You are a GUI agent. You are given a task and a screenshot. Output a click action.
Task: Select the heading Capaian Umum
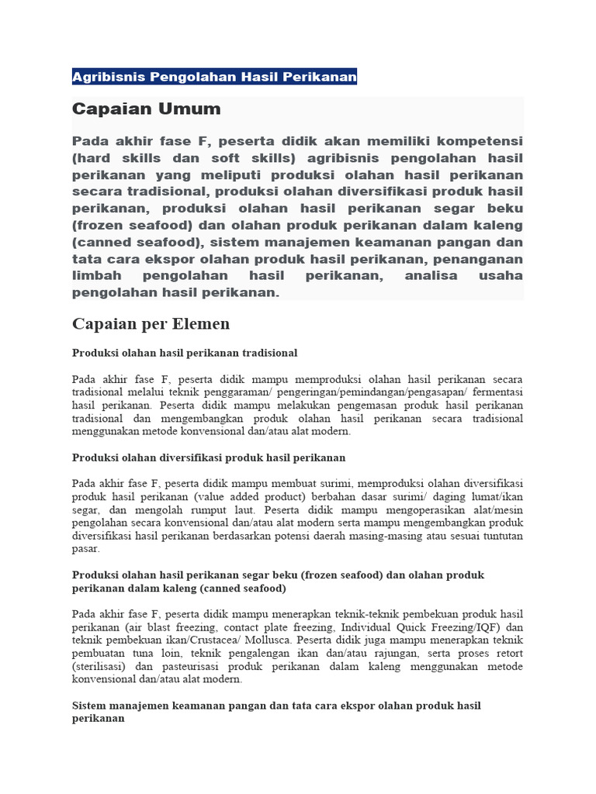146,109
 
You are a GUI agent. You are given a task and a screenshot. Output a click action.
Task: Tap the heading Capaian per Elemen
151,323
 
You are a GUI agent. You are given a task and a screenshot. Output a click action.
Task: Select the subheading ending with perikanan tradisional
185,353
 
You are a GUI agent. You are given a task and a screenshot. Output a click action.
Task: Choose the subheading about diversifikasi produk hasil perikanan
209,457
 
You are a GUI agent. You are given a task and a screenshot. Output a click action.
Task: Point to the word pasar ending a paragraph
86,549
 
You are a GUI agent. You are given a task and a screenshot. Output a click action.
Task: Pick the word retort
508,653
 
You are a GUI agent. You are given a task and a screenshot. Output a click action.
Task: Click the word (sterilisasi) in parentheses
99,666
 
